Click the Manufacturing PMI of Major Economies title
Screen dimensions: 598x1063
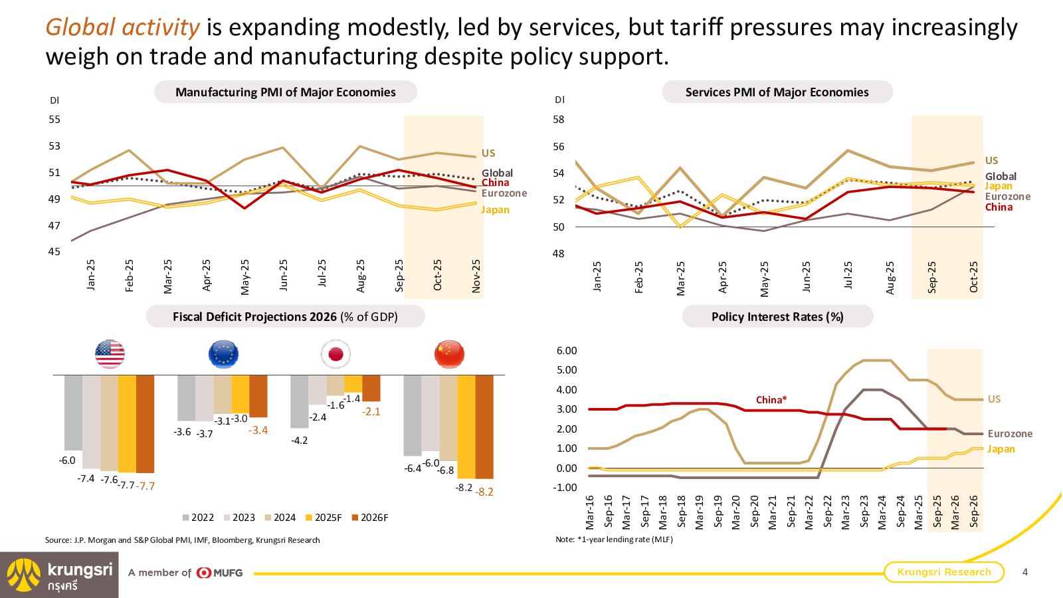point(285,92)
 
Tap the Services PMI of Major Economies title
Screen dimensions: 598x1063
point(777,92)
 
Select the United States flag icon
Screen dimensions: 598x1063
point(110,354)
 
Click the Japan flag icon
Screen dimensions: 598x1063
point(336,354)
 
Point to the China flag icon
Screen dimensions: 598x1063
point(449,354)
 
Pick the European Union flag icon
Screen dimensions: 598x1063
point(223,354)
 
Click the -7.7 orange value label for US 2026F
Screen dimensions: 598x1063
point(145,486)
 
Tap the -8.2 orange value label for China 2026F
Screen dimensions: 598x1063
point(485,492)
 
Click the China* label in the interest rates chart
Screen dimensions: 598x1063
point(771,400)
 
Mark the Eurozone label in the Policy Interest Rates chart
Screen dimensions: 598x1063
point(1010,434)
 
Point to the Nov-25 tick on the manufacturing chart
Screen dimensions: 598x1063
point(476,276)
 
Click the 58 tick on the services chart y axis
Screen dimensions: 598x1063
point(559,120)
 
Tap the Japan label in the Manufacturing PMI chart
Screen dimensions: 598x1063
point(495,210)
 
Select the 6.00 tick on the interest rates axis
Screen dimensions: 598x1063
point(567,351)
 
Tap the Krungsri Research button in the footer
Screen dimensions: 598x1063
point(943,572)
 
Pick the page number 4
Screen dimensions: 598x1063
point(1025,572)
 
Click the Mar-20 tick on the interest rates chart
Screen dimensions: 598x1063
point(736,512)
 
